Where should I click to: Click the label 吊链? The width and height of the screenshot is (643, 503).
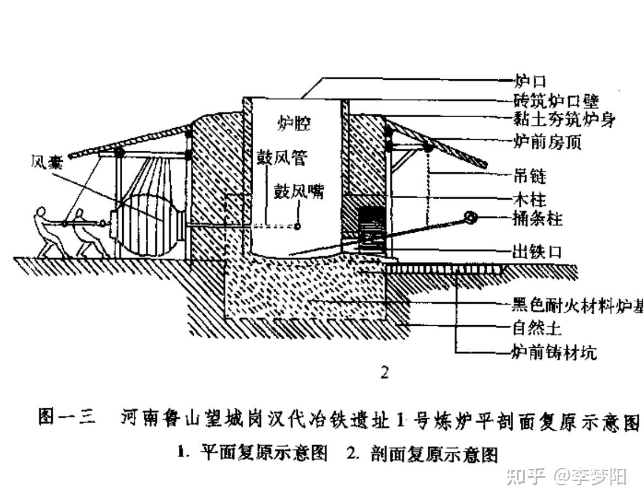pos(530,177)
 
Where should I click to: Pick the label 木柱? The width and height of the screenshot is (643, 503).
pos(530,198)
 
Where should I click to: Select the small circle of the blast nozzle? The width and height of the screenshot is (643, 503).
pos(297,226)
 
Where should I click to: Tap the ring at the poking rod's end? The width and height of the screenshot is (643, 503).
pos(471,218)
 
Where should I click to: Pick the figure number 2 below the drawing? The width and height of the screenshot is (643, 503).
pos(385,373)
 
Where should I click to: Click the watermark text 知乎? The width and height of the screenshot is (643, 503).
pos(525,476)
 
